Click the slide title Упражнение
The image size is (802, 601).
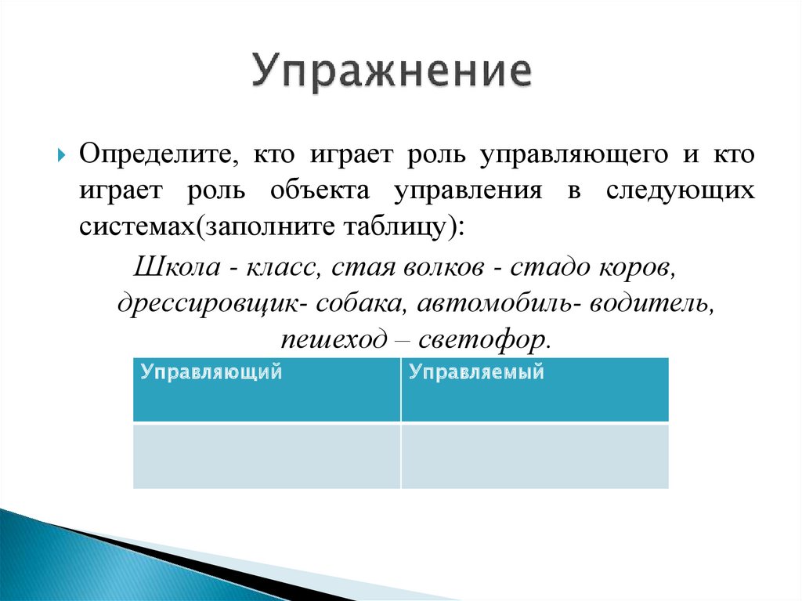(x=392, y=74)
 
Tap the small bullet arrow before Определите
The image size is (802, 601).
(x=62, y=154)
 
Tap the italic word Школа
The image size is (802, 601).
(x=175, y=267)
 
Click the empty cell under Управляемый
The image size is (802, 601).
(x=535, y=456)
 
